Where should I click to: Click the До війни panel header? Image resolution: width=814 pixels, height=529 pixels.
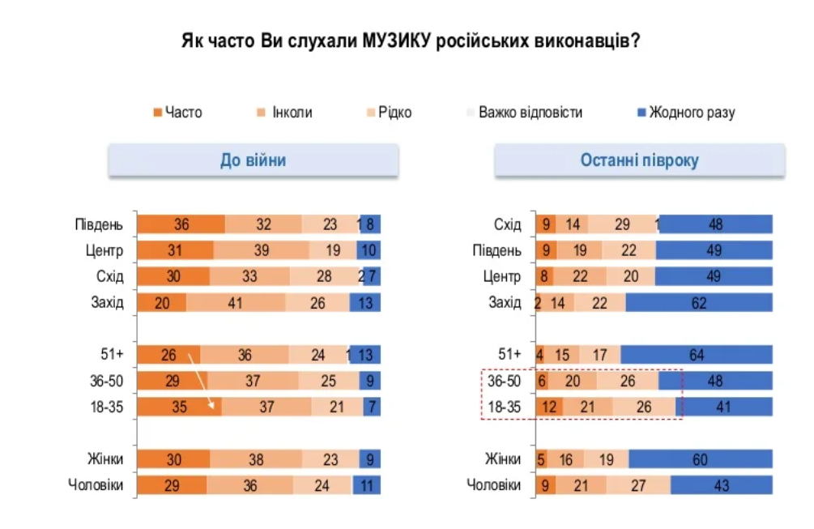click(x=254, y=160)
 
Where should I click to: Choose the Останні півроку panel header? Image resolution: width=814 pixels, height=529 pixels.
click(x=640, y=160)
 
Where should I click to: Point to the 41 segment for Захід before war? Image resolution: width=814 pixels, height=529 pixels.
click(x=236, y=303)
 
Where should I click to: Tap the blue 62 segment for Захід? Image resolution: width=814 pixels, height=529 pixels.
click(x=699, y=303)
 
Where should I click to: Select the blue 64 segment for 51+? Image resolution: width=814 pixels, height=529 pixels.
click(x=697, y=354)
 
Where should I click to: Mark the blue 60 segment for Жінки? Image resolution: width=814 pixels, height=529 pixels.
click(x=701, y=459)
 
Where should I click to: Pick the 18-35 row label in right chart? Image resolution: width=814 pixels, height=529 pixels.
click(x=502, y=407)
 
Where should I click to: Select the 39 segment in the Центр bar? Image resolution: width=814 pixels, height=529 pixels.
click(x=261, y=251)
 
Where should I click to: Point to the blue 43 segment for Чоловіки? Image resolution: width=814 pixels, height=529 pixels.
click(x=721, y=486)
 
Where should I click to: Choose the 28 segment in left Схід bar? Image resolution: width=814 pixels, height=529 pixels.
click(x=324, y=277)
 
